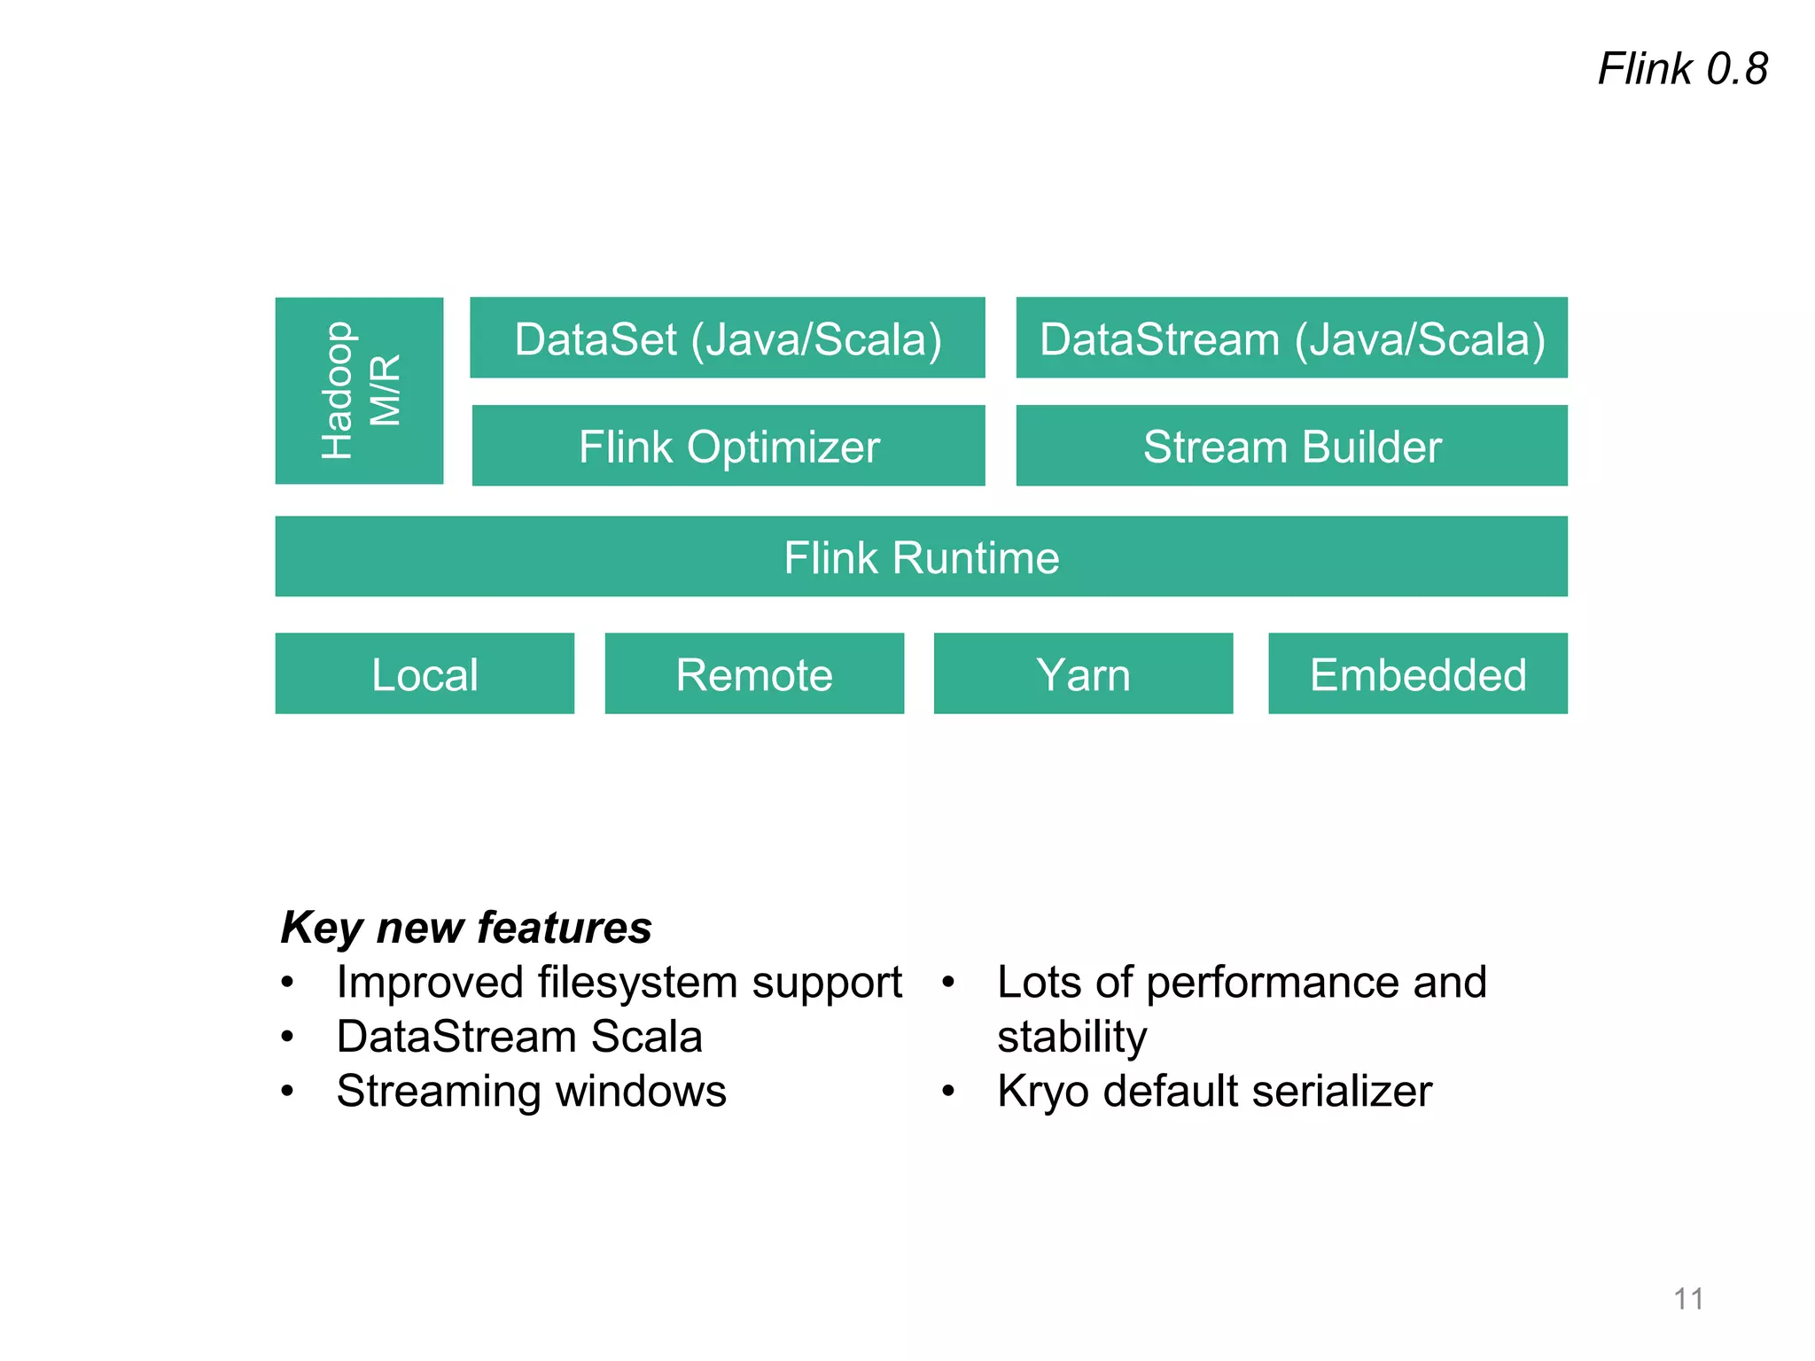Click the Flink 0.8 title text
pos(1682,69)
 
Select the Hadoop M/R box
pos(359,391)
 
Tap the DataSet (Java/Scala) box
pos(728,338)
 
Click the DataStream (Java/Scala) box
pos(1291,338)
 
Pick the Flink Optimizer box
pos(728,446)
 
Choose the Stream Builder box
pos(1291,446)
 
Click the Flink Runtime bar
pos(921,557)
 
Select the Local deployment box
pos(425,674)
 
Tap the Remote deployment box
pos(754,674)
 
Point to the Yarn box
pos(1083,674)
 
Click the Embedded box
pos(1417,674)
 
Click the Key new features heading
pos(466,928)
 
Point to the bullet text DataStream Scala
pos(519,1037)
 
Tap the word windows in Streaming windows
pos(641,1091)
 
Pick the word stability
pos(1071,1038)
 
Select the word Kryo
pos(1043,1092)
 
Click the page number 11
pos(1688,1299)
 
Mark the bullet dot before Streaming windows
pos(287,1091)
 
